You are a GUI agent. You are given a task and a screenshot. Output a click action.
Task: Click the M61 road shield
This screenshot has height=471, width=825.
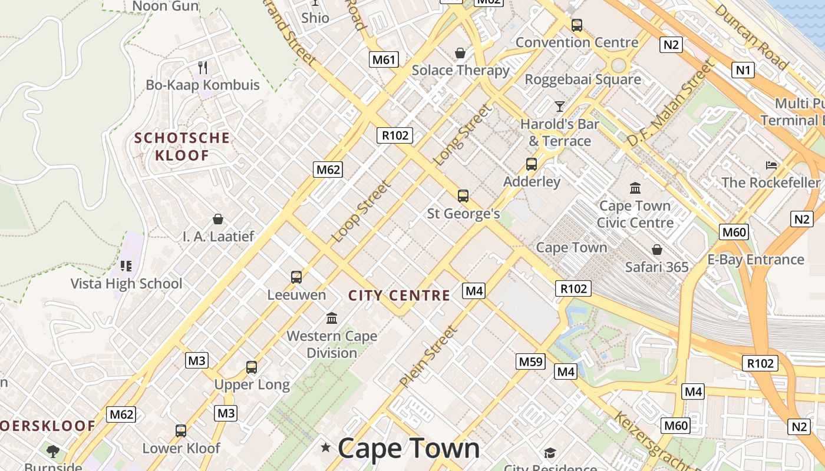(x=384, y=59)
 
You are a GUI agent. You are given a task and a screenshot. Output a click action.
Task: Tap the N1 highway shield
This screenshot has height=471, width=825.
(x=743, y=71)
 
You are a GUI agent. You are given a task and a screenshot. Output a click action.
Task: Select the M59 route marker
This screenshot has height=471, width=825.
(x=530, y=361)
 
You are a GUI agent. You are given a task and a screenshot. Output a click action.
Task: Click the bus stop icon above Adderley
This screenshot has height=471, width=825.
(x=532, y=164)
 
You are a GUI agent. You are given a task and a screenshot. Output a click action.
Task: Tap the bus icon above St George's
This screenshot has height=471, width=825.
(x=463, y=196)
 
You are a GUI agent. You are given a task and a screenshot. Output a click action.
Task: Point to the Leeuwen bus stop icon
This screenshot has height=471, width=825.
(x=296, y=277)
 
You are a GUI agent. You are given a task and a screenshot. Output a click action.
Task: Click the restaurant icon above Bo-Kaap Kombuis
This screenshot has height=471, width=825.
(x=203, y=67)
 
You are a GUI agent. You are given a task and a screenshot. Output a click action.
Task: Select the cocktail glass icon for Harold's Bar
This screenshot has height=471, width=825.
(x=560, y=107)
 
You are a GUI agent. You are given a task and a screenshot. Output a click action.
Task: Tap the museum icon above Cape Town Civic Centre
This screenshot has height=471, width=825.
(x=635, y=188)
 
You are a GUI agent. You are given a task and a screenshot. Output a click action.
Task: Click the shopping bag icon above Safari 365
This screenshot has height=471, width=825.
(x=656, y=250)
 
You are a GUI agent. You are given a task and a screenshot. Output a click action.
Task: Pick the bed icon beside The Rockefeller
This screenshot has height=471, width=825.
(x=771, y=165)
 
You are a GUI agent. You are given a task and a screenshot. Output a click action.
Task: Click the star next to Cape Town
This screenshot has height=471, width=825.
(x=325, y=448)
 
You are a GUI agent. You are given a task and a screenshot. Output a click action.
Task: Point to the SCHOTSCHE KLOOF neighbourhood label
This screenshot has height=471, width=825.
(x=181, y=147)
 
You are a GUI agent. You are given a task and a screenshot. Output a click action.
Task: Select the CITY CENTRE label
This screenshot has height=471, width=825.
(x=399, y=296)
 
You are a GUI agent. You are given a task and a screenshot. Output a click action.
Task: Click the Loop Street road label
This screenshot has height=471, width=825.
(x=361, y=212)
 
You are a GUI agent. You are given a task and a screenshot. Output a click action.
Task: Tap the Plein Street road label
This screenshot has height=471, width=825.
(x=428, y=356)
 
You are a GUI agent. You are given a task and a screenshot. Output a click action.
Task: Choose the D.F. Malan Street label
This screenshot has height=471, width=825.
(x=670, y=105)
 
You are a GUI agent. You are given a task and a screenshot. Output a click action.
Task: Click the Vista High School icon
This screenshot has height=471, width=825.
(x=126, y=266)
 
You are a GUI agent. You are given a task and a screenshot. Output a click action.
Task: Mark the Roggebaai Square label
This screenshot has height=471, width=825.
(x=582, y=79)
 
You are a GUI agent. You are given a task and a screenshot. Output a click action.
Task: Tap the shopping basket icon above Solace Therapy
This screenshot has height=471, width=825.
(x=460, y=53)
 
